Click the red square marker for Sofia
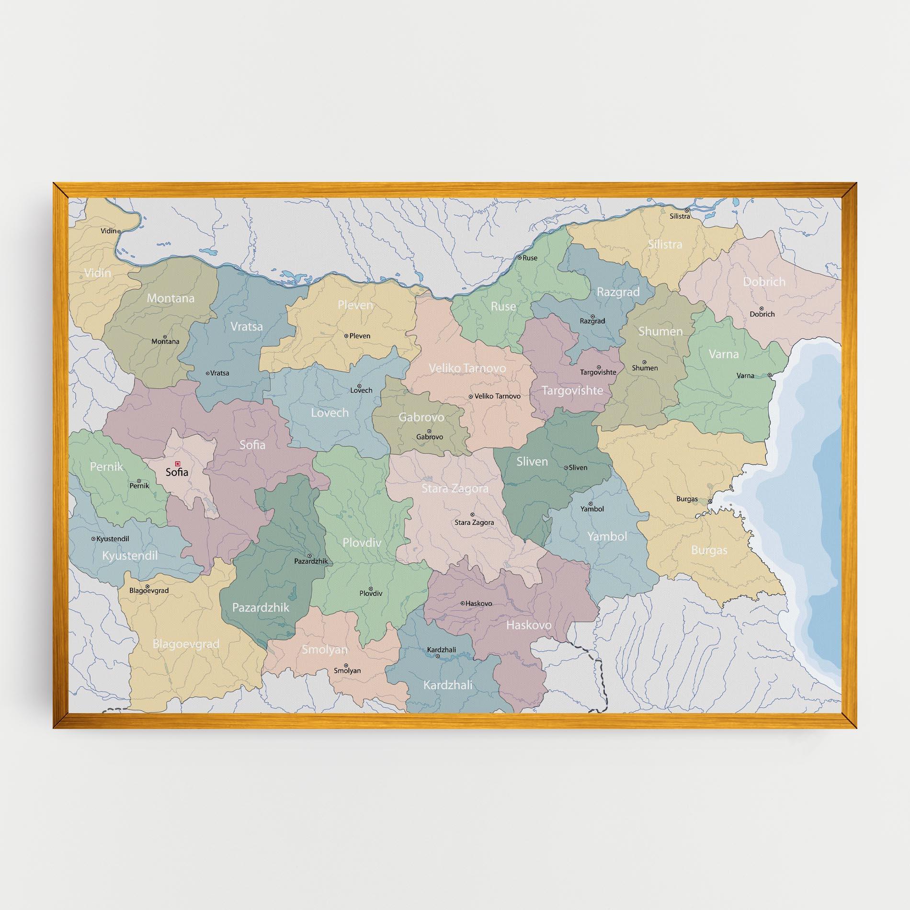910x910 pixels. pos(178,464)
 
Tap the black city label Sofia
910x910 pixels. pos(177,472)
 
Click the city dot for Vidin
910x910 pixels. pos(119,231)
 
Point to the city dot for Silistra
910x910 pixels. pos(686,210)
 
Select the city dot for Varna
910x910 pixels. pos(769,375)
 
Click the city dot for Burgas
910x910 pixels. pos(710,501)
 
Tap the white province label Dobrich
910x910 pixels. pos(764,282)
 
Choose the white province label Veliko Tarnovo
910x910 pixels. pos(467,368)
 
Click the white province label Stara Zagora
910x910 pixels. pos(455,489)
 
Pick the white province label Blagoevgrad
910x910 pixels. pos(186,644)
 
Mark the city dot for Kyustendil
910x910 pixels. pos(93,539)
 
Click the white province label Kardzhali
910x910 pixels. pos(447,685)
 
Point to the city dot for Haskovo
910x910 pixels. pos(463,603)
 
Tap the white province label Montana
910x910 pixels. pos(171,298)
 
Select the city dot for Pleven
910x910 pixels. pos(346,336)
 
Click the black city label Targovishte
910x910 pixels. pos(598,372)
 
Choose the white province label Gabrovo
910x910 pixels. pos(421,417)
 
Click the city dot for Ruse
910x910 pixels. pos(519,258)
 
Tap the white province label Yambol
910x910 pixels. pos(607,536)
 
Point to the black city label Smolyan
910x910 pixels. pos(347,671)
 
